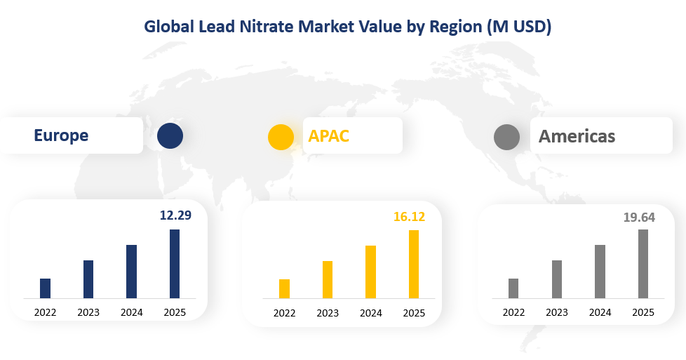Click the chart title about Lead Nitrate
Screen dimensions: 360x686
point(347,27)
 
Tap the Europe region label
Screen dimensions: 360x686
point(61,135)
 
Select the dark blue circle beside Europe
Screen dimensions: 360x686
point(170,135)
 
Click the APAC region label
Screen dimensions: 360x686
point(329,135)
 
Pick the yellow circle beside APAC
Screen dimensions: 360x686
point(281,136)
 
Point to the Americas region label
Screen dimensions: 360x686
point(577,136)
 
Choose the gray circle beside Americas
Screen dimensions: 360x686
point(506,136)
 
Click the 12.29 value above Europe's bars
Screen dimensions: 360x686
point(175,215)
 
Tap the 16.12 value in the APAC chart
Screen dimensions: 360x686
point(409,217)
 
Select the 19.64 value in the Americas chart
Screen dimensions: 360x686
point(639,217)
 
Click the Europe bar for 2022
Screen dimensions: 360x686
point(46,288)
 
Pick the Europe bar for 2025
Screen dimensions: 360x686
point(175,264)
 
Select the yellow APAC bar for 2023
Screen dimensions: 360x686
point(328,280)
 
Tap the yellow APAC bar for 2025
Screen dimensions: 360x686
point(414,265)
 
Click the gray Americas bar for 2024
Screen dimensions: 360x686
point(600,272)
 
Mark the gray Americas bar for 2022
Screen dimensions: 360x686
point(513,288)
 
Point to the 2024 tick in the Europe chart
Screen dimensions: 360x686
point(131,312)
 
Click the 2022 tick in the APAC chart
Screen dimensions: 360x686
point(284,313)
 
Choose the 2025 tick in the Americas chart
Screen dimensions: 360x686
point(643,312)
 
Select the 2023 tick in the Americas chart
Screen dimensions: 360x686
point(557,312)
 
